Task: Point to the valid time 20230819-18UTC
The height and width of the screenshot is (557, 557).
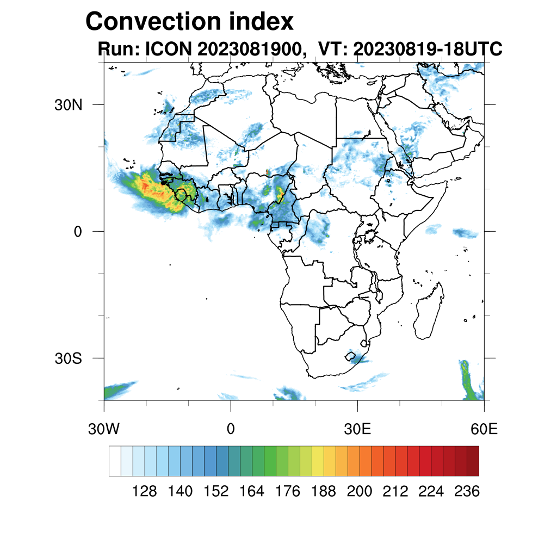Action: pyautogui.click(x=428, y=49)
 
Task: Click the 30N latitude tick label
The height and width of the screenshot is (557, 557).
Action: pyautogui.click(x=68, y=105)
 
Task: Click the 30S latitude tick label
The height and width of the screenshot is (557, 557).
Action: pyautogui.click(x=68, y=358)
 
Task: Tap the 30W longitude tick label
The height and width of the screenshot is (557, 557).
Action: pyautogui.click(x=103, y=430)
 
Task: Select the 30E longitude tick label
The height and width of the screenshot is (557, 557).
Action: pyautogui.click(x=357, y=430)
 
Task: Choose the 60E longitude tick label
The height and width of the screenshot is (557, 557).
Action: pyautogui.click(x=484, y=430)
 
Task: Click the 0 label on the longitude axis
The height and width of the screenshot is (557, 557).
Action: pyautogui.click(x=231, y=430)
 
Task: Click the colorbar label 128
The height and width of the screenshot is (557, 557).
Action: pyautogui.click(x=145, y=492)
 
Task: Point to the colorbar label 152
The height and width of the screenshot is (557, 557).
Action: pyautogui.click(x=216, y=492)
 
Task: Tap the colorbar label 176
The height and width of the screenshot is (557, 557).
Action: pyautogui.click(x=288, y=492)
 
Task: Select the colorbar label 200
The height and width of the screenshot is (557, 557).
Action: pyautogui.click(x=360, y=492)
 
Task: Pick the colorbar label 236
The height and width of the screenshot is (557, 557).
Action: pyautogui.click(x=467, y=492)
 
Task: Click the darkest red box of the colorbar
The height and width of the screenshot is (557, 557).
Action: pyautogui.click(x=473, y=461)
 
